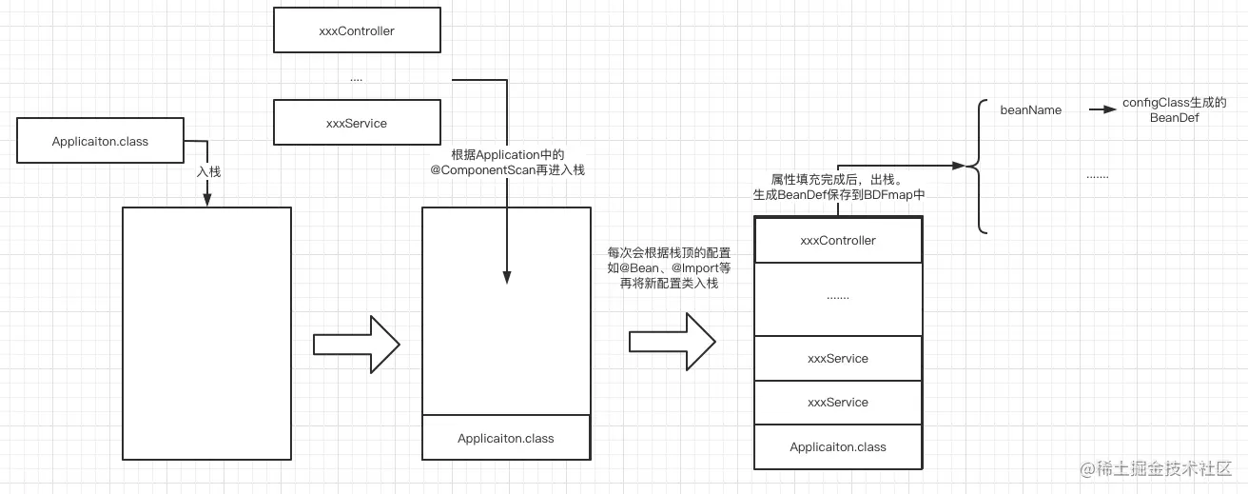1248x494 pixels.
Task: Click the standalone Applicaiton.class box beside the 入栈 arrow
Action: tap(100, 142)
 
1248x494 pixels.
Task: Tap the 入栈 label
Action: tap(208, 172)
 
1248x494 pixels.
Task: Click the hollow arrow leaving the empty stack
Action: tap(356, 343)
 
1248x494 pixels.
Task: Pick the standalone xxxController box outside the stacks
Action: tap(357, 30)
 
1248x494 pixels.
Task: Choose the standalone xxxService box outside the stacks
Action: tap(357, 123)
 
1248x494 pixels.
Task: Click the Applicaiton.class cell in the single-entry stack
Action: tap(505, 438)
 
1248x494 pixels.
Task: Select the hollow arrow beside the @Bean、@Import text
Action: tap(671, 343)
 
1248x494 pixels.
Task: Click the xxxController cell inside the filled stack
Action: tap(838, 241)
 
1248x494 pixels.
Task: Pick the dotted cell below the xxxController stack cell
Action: tap(838, 298)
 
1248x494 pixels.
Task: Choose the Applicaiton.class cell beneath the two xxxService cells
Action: tap(838, 446)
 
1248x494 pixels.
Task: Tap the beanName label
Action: tap(1030, 109)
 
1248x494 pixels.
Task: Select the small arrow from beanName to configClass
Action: tap(1102, 109)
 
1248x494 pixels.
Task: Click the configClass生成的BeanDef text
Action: tap(1174, 110)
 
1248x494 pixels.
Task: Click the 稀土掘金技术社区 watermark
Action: tap(1166, 468)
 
